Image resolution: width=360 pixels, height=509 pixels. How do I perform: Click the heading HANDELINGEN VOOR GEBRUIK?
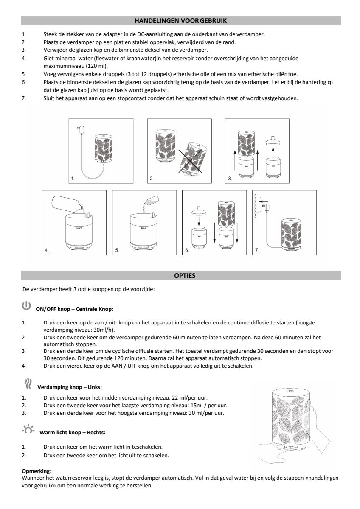pyautogui.click(x=181, y=20)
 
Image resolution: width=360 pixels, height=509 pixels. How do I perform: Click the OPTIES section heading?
pyautogui.click(x=185, y=276)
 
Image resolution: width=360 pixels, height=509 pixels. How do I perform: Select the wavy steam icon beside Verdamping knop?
pyautogui.click(x=28, y=384)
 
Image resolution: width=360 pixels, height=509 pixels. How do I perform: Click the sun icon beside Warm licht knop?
pyautogui.click(x=28, y=430)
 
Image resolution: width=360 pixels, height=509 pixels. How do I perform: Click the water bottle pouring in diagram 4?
pyautogui.click(x=67, y=204)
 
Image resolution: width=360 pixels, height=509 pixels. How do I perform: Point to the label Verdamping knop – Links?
pyautogui.click(x=70, y=387)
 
